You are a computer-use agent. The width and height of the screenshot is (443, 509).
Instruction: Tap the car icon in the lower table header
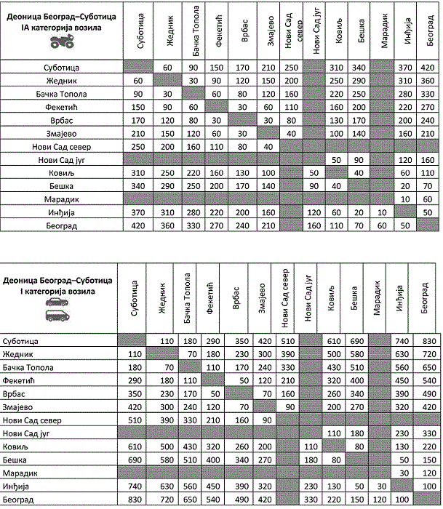coord(57,301)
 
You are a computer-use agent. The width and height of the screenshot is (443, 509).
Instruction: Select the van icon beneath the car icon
coord(57,315)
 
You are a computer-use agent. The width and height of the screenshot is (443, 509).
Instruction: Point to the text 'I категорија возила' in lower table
coord(57,290)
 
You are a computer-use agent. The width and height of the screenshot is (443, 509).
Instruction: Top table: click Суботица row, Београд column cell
coord(426,68)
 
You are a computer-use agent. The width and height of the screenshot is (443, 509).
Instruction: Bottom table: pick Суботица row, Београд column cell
coord(426,340)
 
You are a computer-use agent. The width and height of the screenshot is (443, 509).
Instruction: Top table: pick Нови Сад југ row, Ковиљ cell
coord(336,159)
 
